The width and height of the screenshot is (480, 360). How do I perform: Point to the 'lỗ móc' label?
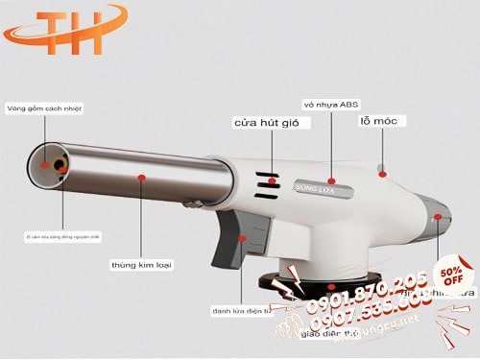point(383,121)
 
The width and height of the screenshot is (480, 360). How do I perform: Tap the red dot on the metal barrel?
point(141,178)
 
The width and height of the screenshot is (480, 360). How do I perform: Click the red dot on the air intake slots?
point(273,180)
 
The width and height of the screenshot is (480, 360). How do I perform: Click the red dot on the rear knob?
point(438,218)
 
